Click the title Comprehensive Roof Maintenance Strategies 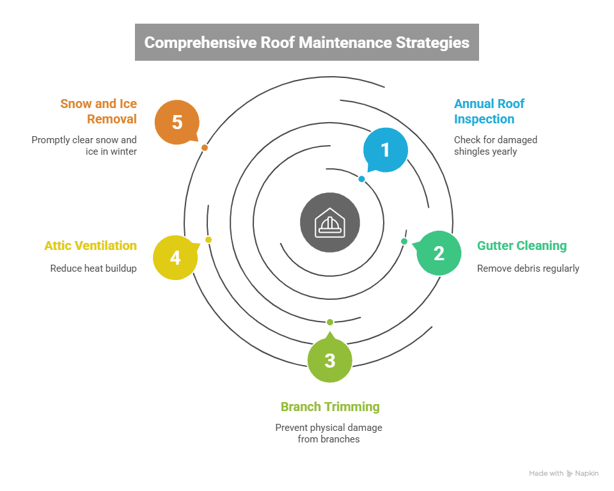(x=307, y=43)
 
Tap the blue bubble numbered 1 (x=385, y=150)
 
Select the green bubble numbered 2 (x=439, y=253)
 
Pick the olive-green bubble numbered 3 (x=329, y=361)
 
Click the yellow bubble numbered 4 (x=175, y=258)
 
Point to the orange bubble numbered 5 (x=177, y=122)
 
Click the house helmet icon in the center (x=330, y=222)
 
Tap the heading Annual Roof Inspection (x=489, y=111)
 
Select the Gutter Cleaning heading (x=522, y=246)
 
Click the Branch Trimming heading (x=330, y=407)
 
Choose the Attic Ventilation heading (x=90, y=246)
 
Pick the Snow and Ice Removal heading (x=98, y=111)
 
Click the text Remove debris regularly (x=528, y=269)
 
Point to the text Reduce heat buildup (x=93, y=269)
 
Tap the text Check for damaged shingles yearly (x=495, y=146)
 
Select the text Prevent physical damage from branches (x=329, y=433)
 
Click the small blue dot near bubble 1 (x=362, y=179)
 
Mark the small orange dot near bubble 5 (x=205, y=148)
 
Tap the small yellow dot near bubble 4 (x=209, y=240)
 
